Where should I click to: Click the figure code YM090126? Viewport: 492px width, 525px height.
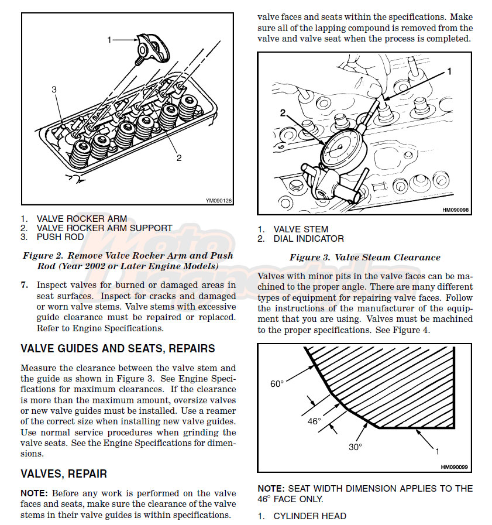point(219,201)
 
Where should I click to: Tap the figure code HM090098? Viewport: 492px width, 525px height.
point(455,210)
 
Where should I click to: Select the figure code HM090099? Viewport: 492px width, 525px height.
point(454,467)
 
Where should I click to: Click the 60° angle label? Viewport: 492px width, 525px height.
point(277,384)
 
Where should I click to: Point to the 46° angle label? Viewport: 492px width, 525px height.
point(314,421)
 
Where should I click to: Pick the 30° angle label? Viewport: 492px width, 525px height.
point(355,447)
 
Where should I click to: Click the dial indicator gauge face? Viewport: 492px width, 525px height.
point(340,147)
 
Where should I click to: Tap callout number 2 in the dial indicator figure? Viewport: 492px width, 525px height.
point(283,113)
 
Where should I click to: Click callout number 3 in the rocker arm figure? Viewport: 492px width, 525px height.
point(54,90)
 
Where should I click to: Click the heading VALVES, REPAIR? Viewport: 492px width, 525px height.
point(64,473)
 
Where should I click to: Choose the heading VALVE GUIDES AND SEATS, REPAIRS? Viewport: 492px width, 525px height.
point(118,349)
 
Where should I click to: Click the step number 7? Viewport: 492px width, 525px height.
point(24,285)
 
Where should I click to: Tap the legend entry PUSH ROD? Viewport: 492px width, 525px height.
point(60,237)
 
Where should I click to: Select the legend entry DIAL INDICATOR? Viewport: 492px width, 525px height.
point(308,239)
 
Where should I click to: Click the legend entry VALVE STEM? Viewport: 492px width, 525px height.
point(301,229)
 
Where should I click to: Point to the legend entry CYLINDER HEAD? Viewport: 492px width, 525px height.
point(310,516)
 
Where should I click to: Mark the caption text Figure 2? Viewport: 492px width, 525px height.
point(43,256)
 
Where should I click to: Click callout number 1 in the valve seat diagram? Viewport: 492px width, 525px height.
point(437,452)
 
